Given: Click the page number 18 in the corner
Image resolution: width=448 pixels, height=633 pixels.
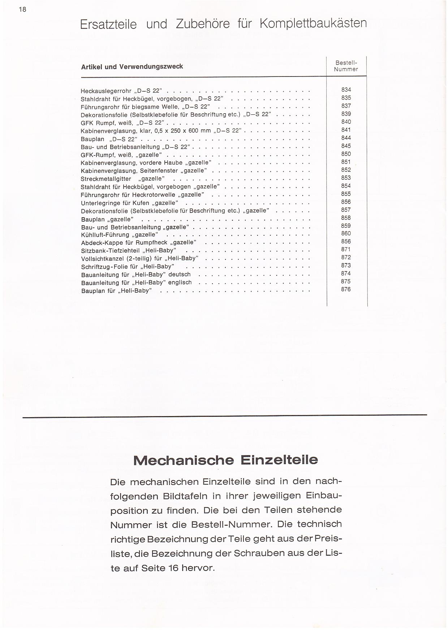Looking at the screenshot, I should pos(22,9).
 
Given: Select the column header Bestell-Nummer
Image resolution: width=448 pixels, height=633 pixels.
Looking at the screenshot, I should pos(346,66).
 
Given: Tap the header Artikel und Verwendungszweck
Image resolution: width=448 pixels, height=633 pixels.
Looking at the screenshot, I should pos(132,66).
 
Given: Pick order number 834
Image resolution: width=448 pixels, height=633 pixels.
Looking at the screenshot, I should pos(346,90).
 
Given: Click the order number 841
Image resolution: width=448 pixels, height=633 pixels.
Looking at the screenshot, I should pos(346,130).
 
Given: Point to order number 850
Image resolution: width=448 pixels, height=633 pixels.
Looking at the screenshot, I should pos(346,154).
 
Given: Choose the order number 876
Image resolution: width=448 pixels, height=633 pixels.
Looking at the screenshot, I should pos(346,289).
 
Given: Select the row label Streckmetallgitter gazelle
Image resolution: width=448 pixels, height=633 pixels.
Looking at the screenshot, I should pos(122,179).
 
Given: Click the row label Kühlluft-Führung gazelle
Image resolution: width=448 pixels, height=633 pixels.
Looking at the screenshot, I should pos(119,235).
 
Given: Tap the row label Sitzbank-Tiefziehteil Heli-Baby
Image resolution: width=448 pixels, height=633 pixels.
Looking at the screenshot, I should pos(128,250).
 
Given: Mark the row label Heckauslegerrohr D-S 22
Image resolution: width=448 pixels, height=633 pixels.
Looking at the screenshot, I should pos(121,91).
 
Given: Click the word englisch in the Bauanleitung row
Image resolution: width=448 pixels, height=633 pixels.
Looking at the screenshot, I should pos(180,283).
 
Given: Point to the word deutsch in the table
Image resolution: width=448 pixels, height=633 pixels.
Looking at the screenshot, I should pos(179,275).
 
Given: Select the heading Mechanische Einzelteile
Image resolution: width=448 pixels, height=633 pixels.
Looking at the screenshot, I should pos(225,460).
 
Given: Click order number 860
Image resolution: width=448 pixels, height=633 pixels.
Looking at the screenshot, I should pos(346,233).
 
